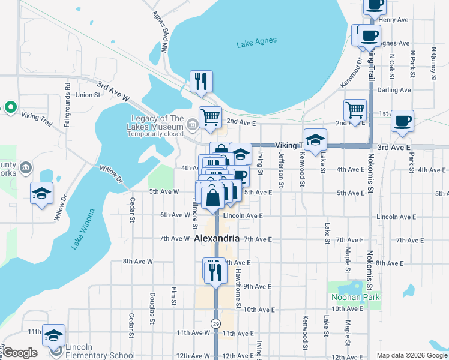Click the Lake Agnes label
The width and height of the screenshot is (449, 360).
(x=257, y=41)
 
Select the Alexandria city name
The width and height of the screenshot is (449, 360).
(x=217, y=238)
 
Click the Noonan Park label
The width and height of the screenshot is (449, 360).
(x=355, y=297)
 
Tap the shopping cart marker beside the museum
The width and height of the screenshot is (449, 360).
(x=210, y=118)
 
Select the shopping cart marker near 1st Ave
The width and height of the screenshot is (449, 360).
(x=355, y=111)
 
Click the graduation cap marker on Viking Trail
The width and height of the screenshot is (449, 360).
(x=315, y=140)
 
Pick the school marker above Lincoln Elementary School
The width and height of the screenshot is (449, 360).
(x=53, y=337)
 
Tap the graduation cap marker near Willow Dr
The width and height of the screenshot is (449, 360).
(x=41, y=194)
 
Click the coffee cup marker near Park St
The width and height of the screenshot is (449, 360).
(x=402, y=121)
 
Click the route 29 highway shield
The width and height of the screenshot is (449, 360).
(x=215, y=323)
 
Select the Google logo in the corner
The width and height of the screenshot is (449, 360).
(x=20, y=353)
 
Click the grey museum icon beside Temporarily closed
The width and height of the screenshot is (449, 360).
(x=192, y=125)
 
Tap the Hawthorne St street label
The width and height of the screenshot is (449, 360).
(x=238, y=288)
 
